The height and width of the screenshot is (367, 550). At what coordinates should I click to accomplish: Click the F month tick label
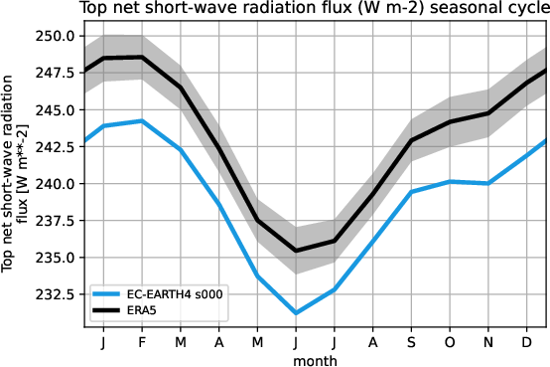[141, 342]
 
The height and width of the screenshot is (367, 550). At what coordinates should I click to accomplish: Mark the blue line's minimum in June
[296, 313]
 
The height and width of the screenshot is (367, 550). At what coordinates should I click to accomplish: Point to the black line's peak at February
[141, 57]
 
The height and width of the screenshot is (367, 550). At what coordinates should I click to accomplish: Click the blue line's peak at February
[141, 121]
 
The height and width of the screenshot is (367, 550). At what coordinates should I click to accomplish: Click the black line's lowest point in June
[296, 251]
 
